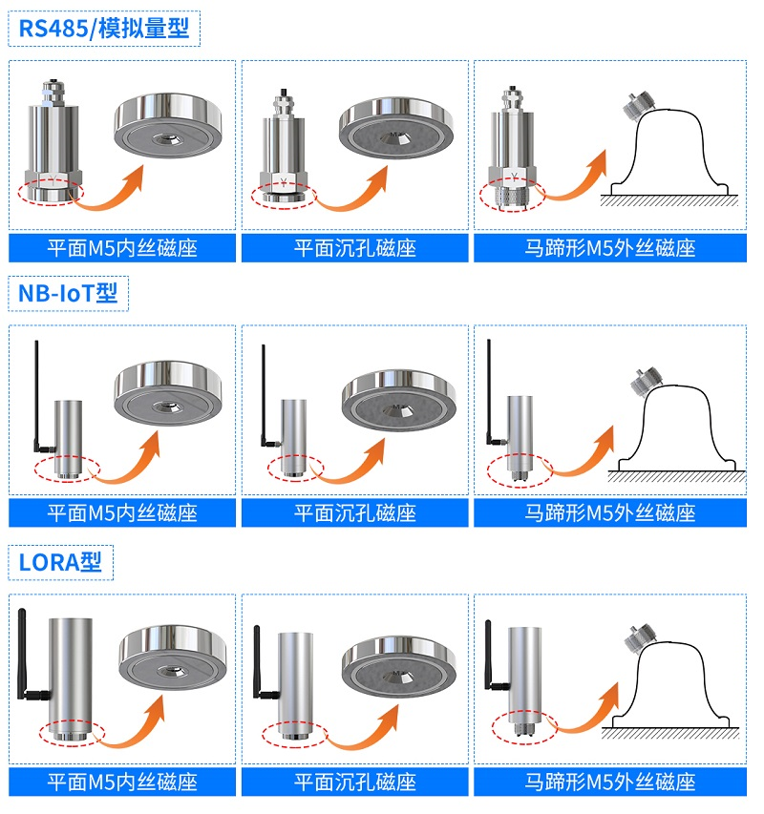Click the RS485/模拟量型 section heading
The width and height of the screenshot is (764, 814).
tap(104, 28)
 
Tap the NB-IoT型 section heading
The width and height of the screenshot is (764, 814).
tap(68, 293)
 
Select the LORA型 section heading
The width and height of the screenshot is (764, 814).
tap(60, 562)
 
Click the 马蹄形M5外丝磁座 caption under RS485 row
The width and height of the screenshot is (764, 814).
tap(609, 248)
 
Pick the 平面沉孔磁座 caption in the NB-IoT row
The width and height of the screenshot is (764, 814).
tap(355, 513)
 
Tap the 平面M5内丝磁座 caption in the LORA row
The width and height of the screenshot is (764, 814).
tap(122, 782)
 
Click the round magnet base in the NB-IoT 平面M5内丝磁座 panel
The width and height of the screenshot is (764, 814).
tap(168, 392)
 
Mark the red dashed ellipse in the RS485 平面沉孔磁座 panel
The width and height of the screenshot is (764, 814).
tap(284, 197)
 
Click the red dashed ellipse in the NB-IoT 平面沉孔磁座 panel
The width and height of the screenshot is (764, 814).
tap(295, 469)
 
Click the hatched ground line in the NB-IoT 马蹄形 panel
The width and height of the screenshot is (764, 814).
tap(676, 476)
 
